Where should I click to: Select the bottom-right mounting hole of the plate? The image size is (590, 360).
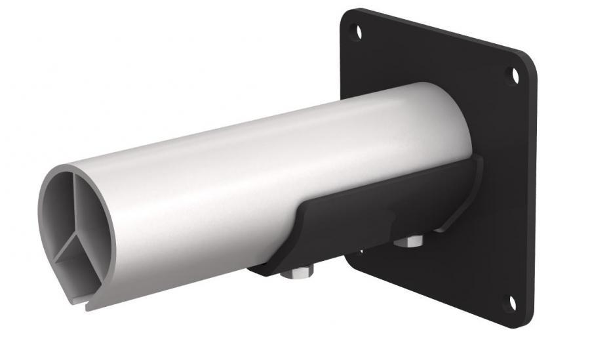pos(513,302)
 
